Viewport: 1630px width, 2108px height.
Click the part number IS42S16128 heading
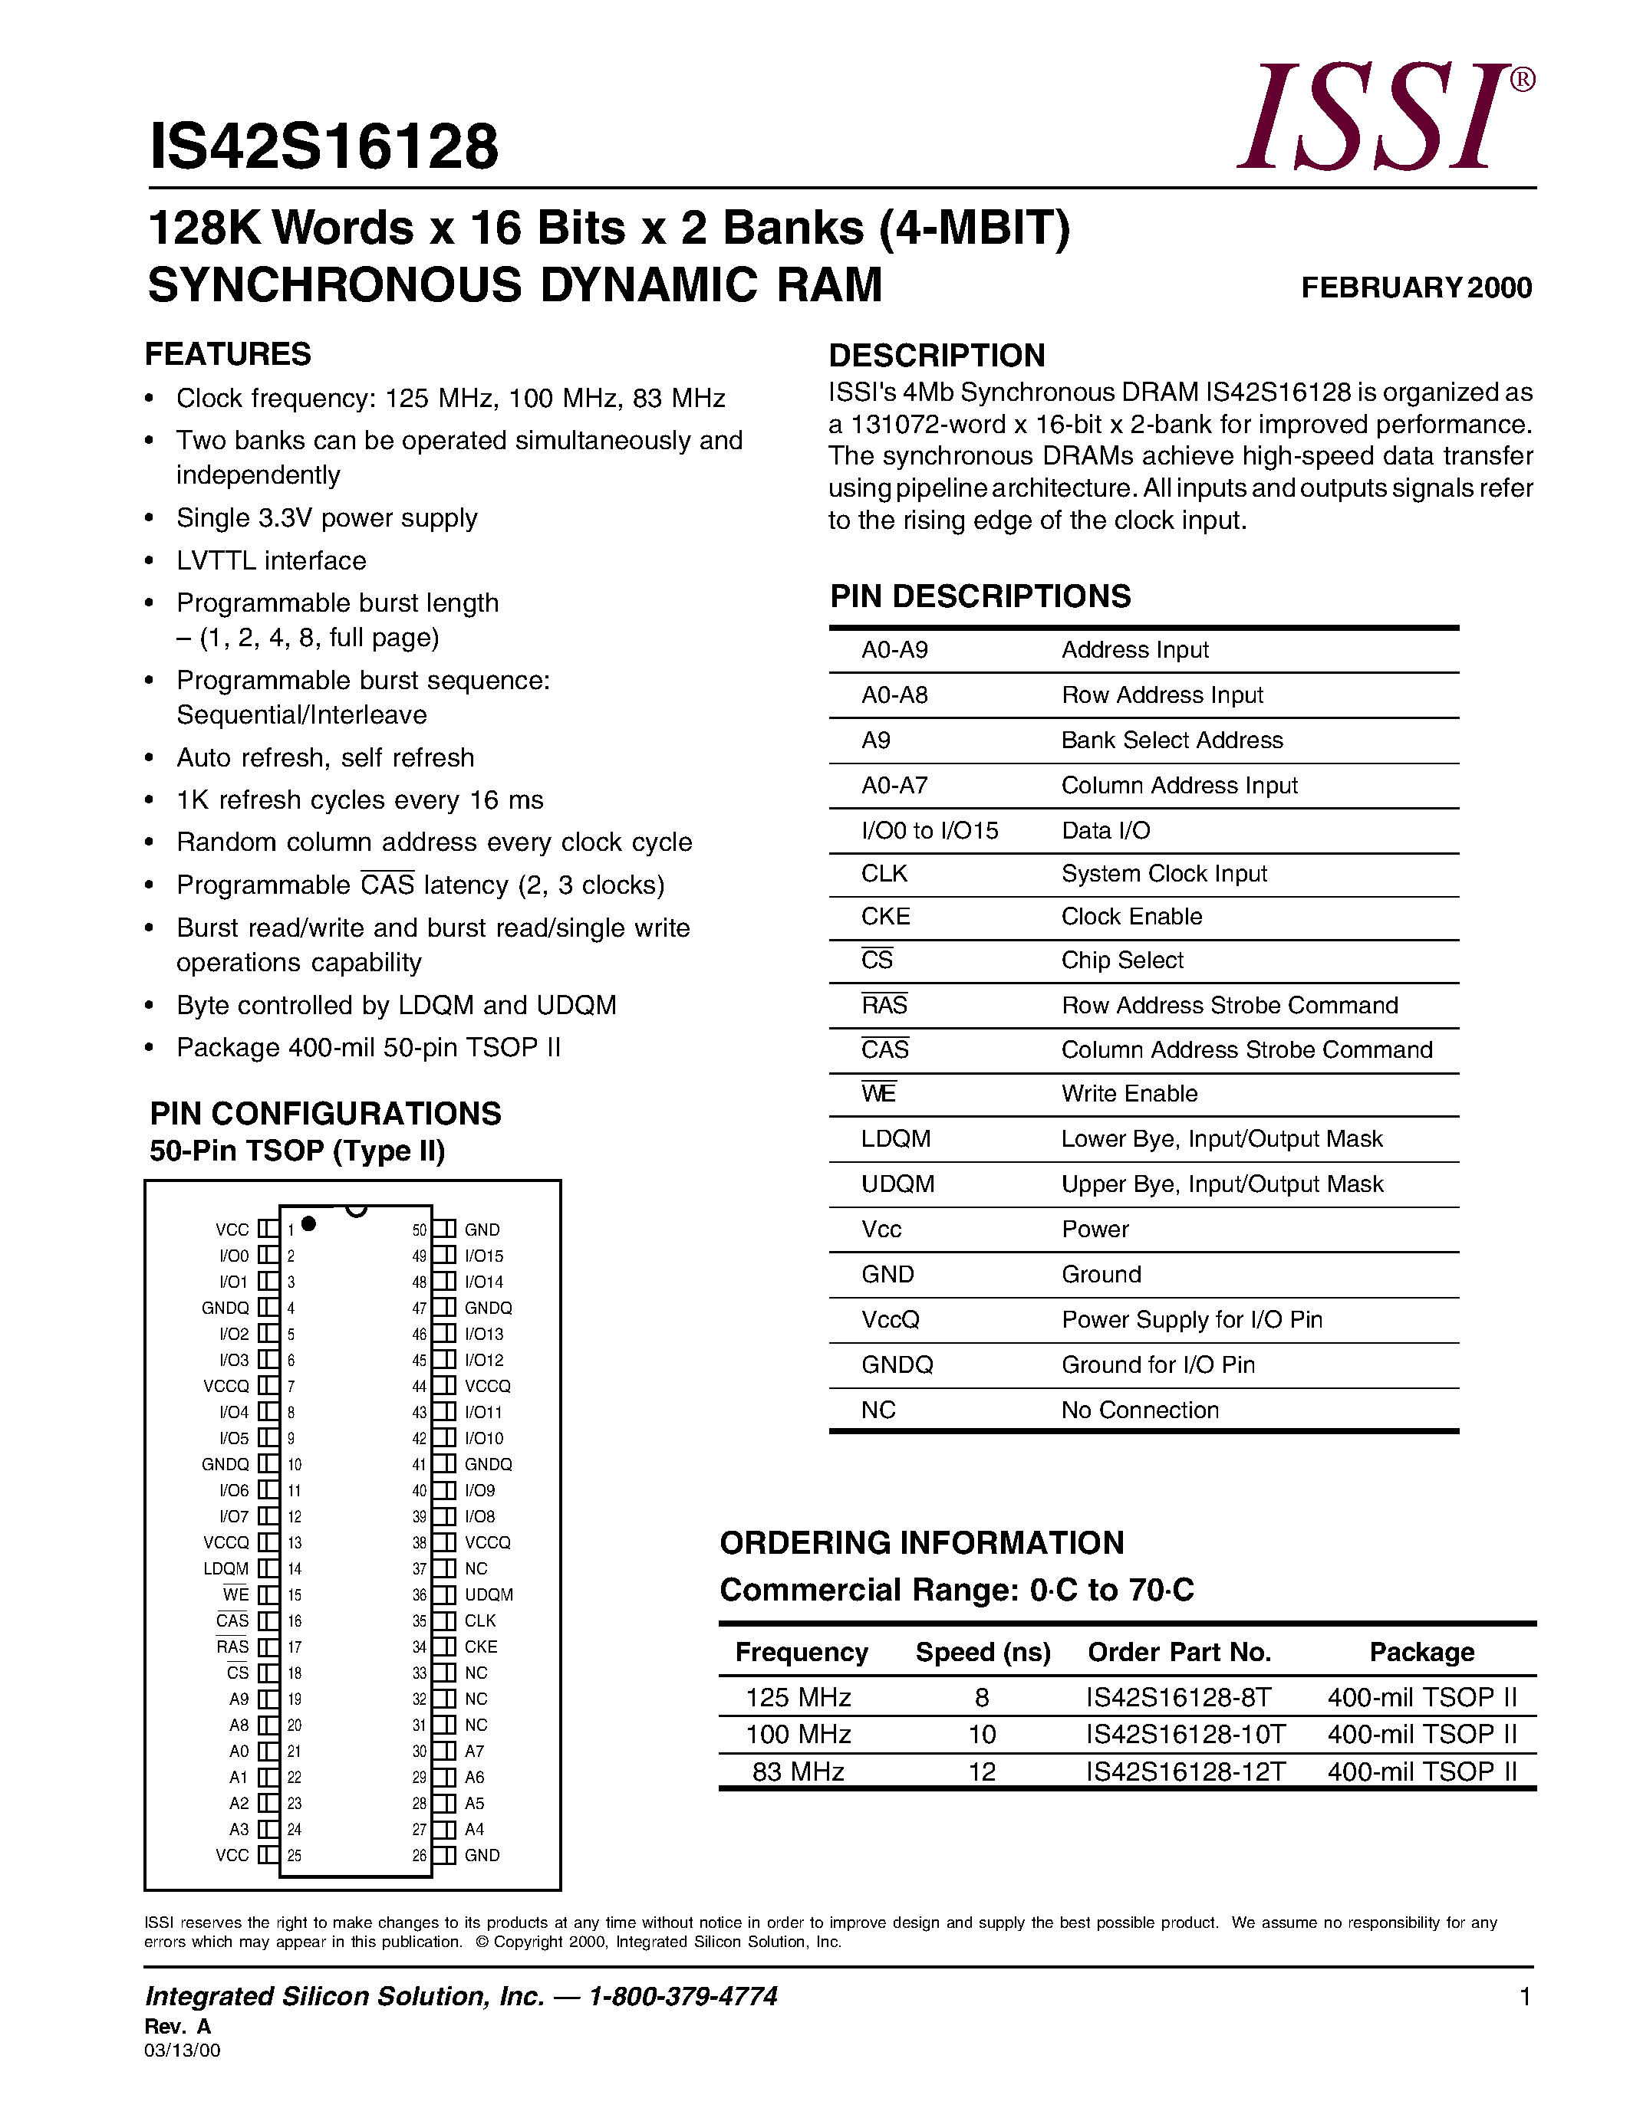click(324, 146)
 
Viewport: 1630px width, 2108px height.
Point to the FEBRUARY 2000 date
click(1416, 287)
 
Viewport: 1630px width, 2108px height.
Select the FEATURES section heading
click(228, 354)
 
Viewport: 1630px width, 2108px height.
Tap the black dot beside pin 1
click(309, 1224)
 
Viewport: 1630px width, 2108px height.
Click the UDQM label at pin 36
click(489, 1594)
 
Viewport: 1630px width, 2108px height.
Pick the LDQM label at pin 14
click(226, 1568)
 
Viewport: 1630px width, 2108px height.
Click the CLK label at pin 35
click(480, 1620)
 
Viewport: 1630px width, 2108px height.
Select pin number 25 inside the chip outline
click(295, 1855)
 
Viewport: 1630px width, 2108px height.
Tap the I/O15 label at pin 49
click(484, 1256)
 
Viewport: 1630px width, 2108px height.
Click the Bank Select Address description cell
click(1171, 740)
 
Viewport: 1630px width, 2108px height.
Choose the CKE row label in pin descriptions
click(885, 916)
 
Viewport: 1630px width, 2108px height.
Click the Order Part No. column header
click(1179, 1653)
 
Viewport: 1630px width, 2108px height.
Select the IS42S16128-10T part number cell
click(1185, 1735)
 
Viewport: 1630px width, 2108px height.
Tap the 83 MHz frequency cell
click(798, 1772)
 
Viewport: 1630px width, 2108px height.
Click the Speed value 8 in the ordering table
click(982, 1697)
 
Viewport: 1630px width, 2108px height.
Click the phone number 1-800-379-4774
click(683, 1996)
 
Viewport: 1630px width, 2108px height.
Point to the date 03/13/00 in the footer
click(183, 2050)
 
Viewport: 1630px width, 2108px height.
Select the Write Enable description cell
click(1129, 1094)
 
